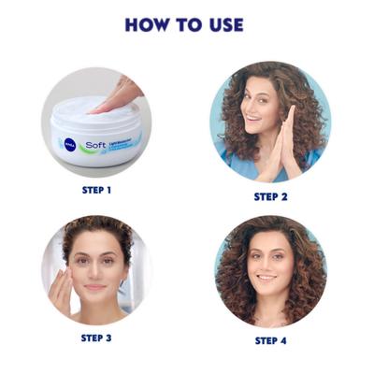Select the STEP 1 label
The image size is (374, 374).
96,190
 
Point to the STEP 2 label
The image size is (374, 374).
271,196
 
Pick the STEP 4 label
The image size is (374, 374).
272,340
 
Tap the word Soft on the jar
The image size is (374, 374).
94,145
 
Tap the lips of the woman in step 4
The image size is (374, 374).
267,279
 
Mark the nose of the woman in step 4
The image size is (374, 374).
267,266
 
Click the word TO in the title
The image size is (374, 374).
188,24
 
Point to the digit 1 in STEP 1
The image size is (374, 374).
108,190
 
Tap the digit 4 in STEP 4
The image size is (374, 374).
284,340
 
